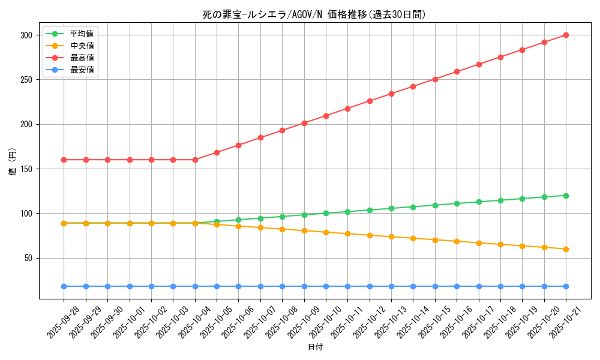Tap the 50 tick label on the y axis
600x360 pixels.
28,258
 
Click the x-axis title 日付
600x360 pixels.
315,347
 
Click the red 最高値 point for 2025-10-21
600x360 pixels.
566,35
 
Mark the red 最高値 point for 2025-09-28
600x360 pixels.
64,160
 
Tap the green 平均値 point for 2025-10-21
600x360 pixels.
566,196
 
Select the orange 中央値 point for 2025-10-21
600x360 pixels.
566,249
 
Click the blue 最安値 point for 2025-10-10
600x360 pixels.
326,286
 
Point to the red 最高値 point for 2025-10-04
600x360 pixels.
195,160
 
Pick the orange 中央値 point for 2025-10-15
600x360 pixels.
435,240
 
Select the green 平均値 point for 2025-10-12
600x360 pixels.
370,210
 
